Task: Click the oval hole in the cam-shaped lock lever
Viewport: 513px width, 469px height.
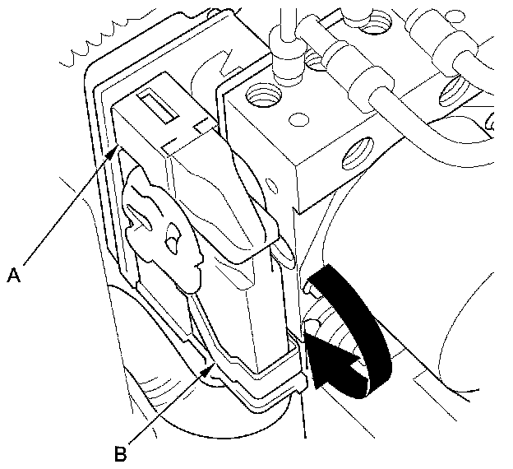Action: pyautogui.click(x=172, y=241)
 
